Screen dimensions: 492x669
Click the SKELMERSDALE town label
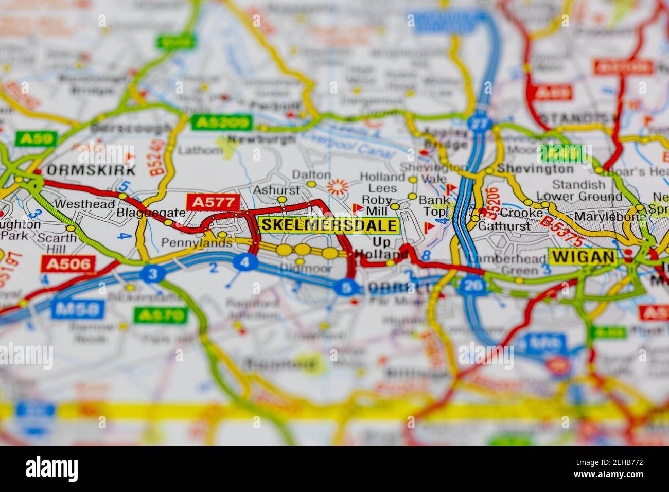(x=329, y=225)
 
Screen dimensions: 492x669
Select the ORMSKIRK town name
(x=91, y=170)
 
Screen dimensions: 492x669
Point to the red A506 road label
(x=68, y=264)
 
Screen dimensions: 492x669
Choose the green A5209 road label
(x=222, y=122)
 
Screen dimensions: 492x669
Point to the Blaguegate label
(x=144, y=212)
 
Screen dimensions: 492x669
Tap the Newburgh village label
(x=249, y=139)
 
